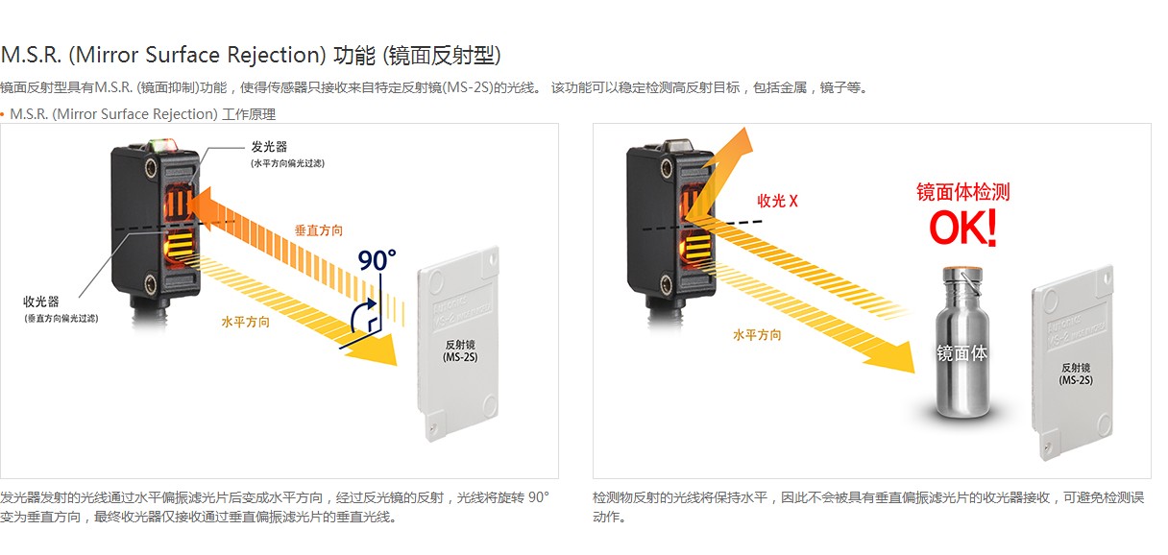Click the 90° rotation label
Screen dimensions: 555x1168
point(377,260)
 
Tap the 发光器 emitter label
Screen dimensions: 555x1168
point(269,147)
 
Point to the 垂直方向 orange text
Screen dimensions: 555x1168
point(318,231)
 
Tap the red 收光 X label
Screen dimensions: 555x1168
point(778,201)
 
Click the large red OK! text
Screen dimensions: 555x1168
point(962,229)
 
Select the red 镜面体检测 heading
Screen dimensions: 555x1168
point(962,192)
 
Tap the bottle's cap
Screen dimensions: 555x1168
point(961,273)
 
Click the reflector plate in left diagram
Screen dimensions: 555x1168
point(460,346)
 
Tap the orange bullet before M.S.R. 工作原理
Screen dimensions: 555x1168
point(3,114)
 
